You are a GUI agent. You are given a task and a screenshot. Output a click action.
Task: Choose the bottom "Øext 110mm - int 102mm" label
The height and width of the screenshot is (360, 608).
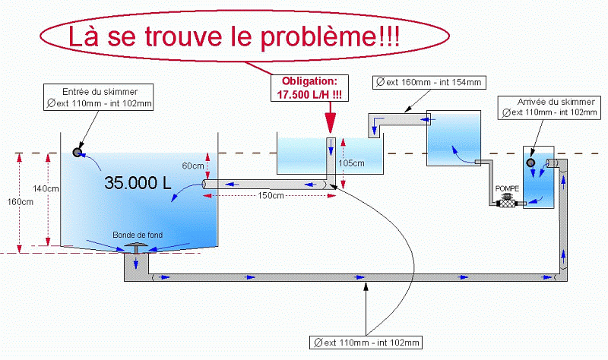367,342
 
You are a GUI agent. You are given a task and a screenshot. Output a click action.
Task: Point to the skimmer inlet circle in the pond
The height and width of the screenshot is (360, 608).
78,152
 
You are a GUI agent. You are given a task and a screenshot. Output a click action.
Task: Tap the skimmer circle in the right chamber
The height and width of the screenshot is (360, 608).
530,163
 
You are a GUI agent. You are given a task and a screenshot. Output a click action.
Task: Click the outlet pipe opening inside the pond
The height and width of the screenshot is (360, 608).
206,184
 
